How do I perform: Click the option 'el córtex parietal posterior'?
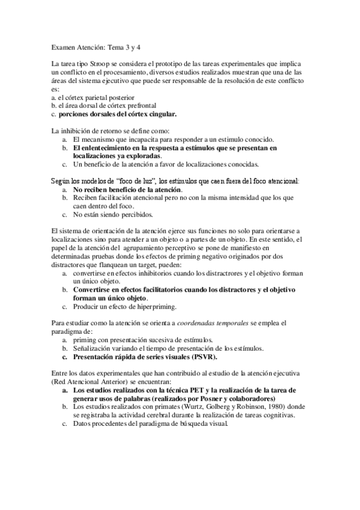(x=96, y=96)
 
